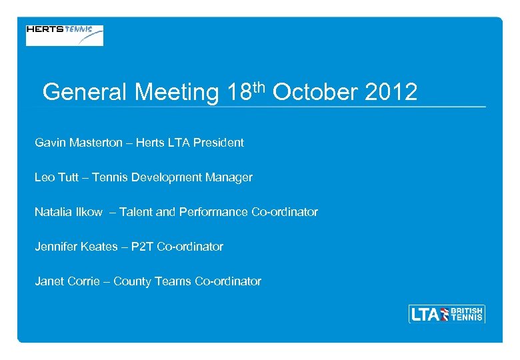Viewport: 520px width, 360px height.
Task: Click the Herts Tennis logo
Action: [65, 35]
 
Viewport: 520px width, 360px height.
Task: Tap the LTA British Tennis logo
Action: [446, 313]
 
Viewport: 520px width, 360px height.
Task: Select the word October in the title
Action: [315, 92]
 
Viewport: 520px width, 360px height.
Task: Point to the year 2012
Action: [391, 92]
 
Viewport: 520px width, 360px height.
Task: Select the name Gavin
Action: [51, 143]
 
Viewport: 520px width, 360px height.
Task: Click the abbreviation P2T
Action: [142, 247]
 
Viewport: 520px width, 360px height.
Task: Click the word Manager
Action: [230, 177]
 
